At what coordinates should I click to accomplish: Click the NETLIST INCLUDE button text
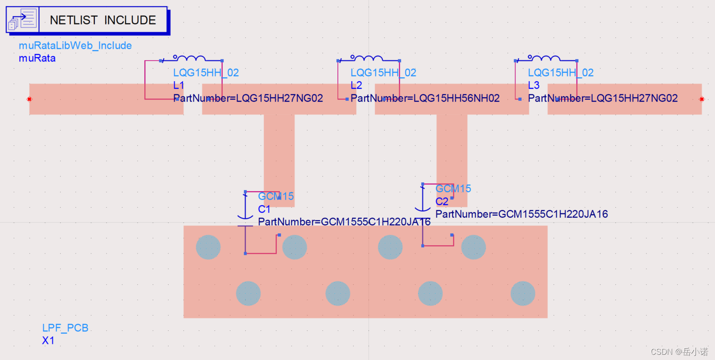(103, 20)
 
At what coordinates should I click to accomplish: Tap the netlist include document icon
(23, 20)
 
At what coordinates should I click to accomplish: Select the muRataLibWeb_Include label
(75, 45)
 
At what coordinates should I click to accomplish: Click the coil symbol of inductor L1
(189, 58)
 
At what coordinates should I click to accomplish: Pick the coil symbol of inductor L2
(367, 58)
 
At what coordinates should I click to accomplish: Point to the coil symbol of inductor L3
(544, 58)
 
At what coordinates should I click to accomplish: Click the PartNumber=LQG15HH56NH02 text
(425, 98)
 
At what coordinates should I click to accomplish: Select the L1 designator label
(179, 85)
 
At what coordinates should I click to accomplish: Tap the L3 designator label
(533, 85)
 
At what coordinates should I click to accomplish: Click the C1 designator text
(264, 209)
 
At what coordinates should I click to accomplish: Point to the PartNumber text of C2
(522, 214)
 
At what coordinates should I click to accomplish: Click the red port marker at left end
(30, 99)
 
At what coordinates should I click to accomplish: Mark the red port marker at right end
(702, 99)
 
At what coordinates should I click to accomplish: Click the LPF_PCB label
(65, 328)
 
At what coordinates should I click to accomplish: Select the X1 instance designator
(48, 340)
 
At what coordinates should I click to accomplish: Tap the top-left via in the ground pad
(208, 247)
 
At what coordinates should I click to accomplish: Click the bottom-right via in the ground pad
(522, 293)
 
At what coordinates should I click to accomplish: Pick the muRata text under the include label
(37, 58)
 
